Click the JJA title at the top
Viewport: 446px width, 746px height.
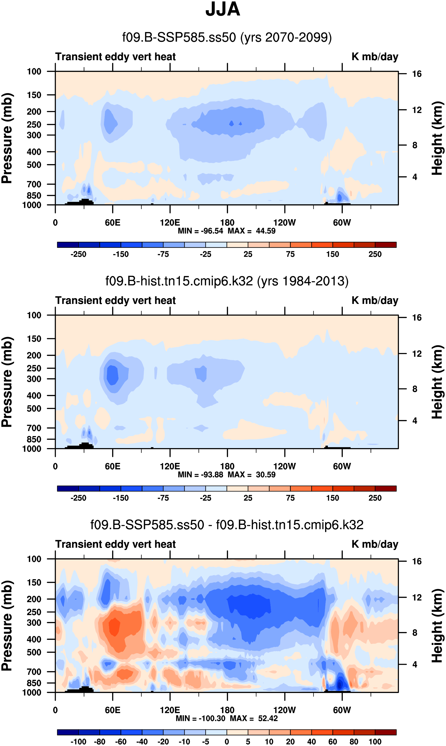pos(223,9)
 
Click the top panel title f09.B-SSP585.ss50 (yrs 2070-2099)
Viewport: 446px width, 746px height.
pos(227,38)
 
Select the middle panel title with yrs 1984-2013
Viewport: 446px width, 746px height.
pos(227,281)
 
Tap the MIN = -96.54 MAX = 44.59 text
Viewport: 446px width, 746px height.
pos(227,231)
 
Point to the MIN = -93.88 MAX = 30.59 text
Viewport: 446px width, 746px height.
pos(227,475)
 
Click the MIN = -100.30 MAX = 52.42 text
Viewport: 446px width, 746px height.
pos(227,718)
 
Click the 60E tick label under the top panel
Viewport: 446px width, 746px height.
pos(113,223)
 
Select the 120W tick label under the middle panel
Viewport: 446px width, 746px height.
pos(285,466)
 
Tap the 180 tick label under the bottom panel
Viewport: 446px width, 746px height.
pos(227,710)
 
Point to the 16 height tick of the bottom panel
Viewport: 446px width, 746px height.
pos(417,561)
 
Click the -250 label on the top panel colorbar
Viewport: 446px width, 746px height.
pos(79,255)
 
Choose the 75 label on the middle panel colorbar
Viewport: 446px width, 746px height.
pos(290,498)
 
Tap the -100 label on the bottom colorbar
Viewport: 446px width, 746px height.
pos(79,742)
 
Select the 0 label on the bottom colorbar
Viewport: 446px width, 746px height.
pos(227,742)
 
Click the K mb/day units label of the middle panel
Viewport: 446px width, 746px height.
pos(375,300)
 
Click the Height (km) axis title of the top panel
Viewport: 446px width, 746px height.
pos(437,138)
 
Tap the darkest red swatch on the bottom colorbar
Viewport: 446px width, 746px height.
pos(386,732)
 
